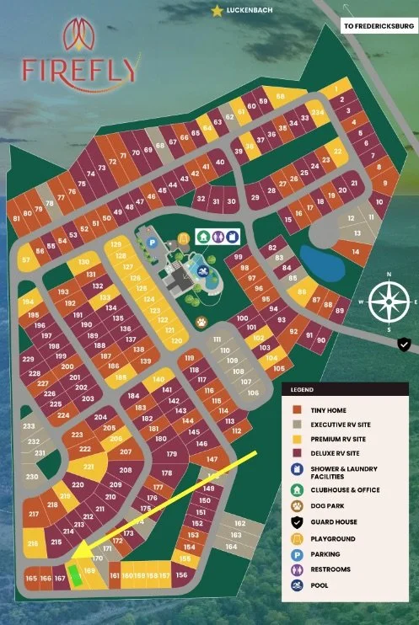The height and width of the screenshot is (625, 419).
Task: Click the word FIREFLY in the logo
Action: (80, 69)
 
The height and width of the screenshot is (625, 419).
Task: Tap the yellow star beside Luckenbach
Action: (218, 10)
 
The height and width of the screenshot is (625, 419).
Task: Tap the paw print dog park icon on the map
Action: (201, 321)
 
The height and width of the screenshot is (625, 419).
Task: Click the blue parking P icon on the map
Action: (153, 243)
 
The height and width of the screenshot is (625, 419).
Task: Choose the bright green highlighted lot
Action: (75, 577)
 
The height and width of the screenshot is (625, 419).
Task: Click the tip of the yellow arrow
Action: (70, 556)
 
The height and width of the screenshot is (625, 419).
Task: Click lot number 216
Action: (34, 544)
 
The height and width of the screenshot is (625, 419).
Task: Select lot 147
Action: (211, 459)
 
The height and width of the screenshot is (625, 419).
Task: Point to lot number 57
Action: (26, 260)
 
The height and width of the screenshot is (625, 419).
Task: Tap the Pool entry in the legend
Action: (320, 585)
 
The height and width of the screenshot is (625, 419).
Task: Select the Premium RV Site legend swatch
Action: (297, 440)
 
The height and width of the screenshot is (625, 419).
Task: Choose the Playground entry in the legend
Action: (333, 538)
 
